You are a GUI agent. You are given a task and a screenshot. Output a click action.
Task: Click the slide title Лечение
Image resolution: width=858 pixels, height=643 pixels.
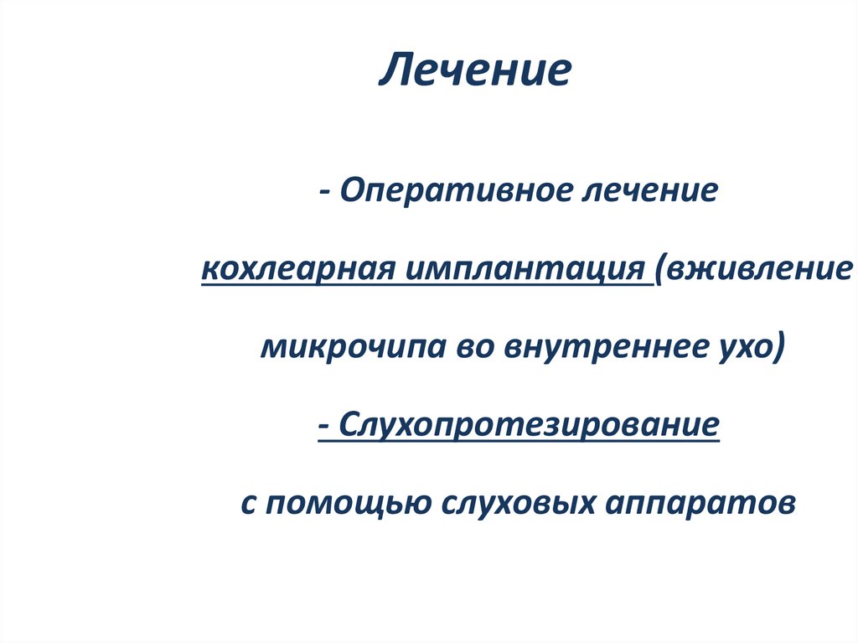click(475, 72)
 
